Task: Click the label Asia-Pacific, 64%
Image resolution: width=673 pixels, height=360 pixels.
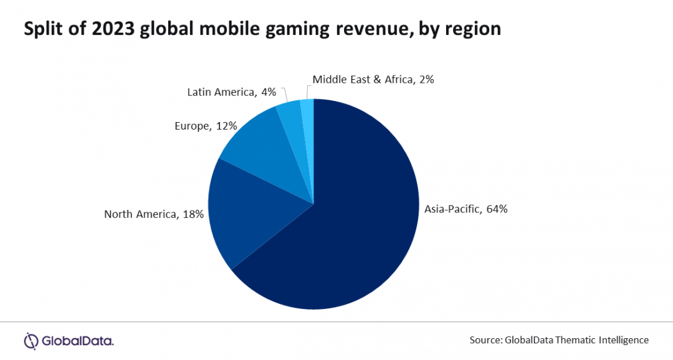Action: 466,209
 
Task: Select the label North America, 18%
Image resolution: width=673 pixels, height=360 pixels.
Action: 154,215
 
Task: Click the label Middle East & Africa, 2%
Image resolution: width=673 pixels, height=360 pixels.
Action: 373,79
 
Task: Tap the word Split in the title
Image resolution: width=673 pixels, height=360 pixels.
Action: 42,29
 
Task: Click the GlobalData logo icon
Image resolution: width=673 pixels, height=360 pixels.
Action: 31,340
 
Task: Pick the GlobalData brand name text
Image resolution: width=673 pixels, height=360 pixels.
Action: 78,341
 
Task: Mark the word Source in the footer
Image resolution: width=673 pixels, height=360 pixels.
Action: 486,340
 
